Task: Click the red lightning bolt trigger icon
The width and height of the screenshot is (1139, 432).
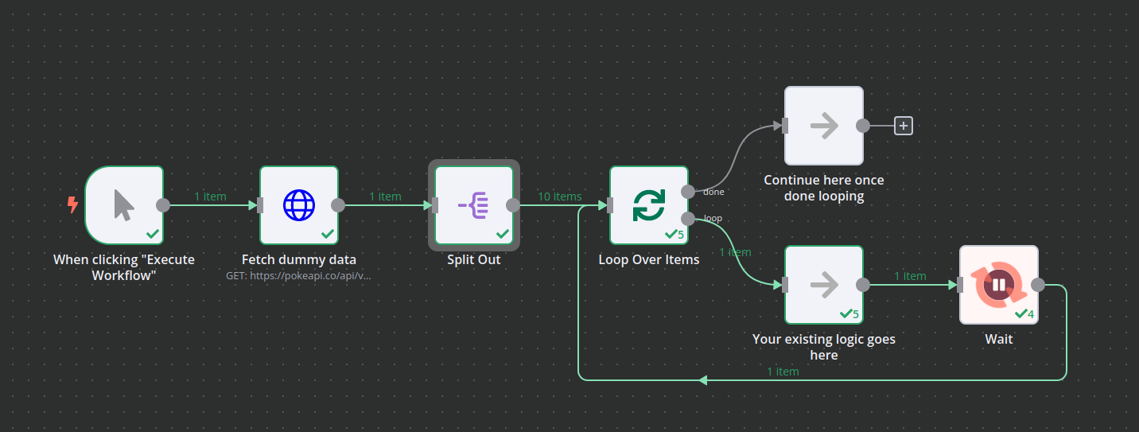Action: (73, 205)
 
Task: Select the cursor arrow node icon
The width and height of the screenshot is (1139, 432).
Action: (124, 205)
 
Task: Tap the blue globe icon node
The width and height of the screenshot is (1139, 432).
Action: (299, 205)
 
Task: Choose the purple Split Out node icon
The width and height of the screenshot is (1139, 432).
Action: (474, 205)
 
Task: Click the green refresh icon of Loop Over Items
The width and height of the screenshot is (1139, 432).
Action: (649, 205)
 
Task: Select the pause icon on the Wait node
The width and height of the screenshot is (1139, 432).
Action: (999, 285)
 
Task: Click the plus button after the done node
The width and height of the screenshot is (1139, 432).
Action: (904, 126)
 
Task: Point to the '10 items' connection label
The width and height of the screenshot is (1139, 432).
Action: (559, 197)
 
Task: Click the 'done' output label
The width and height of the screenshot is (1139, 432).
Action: (713, 192)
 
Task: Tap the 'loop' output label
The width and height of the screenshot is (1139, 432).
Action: (713, 219)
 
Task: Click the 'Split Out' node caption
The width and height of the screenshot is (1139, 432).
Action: (474, 259)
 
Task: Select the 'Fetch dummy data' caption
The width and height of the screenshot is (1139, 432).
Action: (299, 259)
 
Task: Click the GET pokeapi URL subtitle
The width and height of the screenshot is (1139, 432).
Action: (299, 276)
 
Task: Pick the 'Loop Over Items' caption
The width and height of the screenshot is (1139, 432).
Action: (649, 259)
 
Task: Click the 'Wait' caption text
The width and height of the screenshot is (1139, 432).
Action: (999, 339)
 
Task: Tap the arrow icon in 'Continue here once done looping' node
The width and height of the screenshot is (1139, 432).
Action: (824, 126)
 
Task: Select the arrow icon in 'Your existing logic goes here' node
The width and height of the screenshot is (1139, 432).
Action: (824, 285)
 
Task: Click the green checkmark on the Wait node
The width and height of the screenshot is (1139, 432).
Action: (1020, 313)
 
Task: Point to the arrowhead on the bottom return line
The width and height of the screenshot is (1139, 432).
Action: (702, 380)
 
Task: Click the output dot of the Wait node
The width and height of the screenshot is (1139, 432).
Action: (1038, 285)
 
